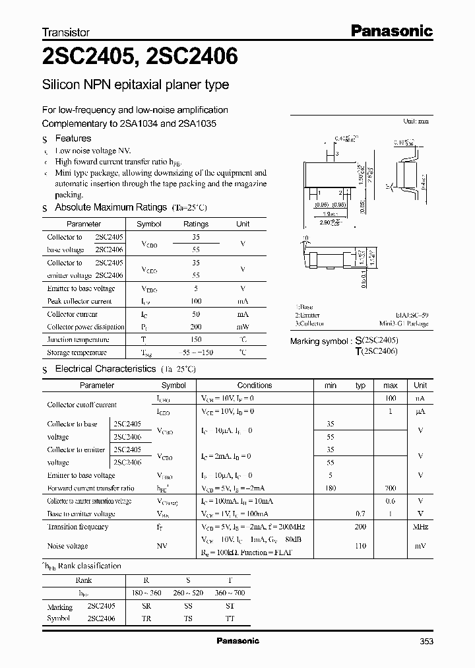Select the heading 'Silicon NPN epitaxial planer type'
click(x=135, y=85)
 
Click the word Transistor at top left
click(x=65, y=32)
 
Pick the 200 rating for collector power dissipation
click(x=195, y=327)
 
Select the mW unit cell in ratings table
click(x=243, y=327)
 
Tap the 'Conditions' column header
click(x=254, y=385)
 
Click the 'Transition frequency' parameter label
click(x=78, y=527)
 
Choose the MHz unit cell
click(x=420, y=527)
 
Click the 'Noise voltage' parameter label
click(x=67, y=547)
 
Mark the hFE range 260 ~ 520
click(x=187, y=593)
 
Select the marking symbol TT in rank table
click(x=229, y=619)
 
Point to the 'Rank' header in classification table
click(x=84, y=580)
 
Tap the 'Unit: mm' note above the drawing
click(x=416, y=121)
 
